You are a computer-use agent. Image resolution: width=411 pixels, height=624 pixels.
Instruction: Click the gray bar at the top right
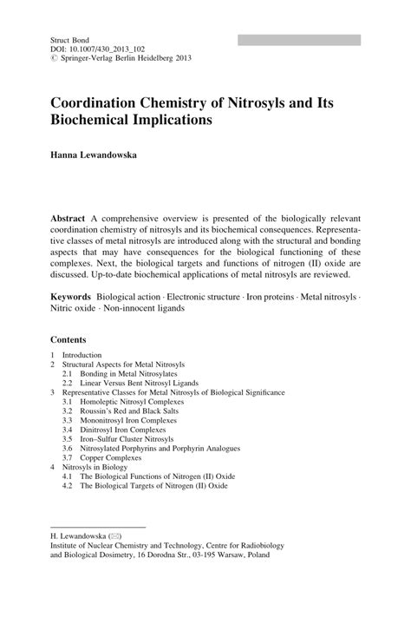[x=298, y=40]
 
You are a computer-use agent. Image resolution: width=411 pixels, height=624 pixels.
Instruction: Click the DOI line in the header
[x=98, y=49]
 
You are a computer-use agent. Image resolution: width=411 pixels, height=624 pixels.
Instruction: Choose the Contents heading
[x=68, y=339]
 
